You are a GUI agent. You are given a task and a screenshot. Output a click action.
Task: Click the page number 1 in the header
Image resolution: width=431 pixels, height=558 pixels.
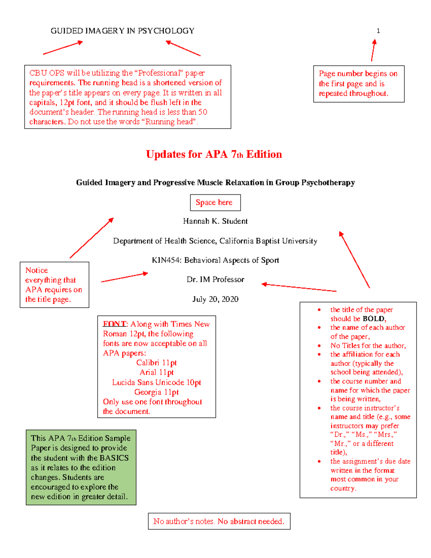coord(378,31)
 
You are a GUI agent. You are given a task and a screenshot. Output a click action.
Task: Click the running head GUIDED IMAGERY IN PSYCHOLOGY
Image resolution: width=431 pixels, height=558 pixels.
coord(122,31)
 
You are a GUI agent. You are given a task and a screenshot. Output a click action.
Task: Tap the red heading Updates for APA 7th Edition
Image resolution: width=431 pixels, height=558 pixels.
coord(214,155)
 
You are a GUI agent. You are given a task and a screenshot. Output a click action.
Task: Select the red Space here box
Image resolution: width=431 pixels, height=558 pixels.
coord(215,203)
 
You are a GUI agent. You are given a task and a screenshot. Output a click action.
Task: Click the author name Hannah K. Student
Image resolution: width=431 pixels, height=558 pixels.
coord(215,221)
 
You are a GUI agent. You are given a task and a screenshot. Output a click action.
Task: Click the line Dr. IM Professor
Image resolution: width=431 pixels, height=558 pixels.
coord(215,280)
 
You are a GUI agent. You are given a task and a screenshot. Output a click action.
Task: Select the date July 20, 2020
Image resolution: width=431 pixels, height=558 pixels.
coord(215,299)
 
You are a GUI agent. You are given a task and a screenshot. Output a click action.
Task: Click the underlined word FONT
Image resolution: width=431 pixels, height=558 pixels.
coord(115,324)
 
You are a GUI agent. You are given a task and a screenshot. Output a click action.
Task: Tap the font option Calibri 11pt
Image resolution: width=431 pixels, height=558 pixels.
coord(157,363)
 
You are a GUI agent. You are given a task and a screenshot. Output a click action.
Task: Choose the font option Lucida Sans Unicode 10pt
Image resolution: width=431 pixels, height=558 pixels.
coord(157,382)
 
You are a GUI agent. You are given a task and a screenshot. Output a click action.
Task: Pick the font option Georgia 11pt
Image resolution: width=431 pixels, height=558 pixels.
coord(157,392)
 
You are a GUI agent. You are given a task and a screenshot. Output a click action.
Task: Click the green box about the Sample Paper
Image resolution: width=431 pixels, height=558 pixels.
coord(81,467)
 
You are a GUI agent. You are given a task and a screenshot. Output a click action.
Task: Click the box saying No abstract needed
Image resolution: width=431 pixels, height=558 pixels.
coord(219,521)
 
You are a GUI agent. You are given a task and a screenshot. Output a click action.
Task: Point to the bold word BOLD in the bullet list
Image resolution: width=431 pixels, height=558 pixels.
coord(374,319)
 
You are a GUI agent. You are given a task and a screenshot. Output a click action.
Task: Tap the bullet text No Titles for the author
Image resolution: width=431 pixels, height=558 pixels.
coord(368,346)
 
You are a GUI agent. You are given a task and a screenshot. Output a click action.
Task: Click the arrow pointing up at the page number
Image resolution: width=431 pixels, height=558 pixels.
coord(374,50)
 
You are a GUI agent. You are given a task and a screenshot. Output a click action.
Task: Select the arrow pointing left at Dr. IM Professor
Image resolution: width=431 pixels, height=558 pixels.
coord(299,287)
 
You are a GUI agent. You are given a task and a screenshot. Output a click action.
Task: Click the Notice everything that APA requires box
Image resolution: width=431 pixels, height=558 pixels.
coord(54,285)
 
